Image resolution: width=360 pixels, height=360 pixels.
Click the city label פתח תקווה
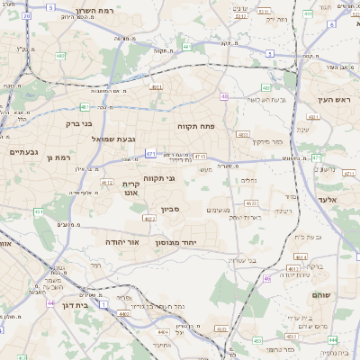(x=195, y=126)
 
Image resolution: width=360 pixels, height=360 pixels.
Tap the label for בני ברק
(x=80, y=124)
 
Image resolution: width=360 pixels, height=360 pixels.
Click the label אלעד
(x=328, y=200)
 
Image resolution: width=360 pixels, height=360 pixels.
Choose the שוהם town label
(x=322, y=294)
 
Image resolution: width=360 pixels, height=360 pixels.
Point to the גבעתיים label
(x=23, y=152)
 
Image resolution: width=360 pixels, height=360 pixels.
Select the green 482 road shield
(x=59, y=56)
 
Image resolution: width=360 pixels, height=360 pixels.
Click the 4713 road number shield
(x=200, y=156)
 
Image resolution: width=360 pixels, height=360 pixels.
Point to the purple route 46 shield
(x=267, y=278)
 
